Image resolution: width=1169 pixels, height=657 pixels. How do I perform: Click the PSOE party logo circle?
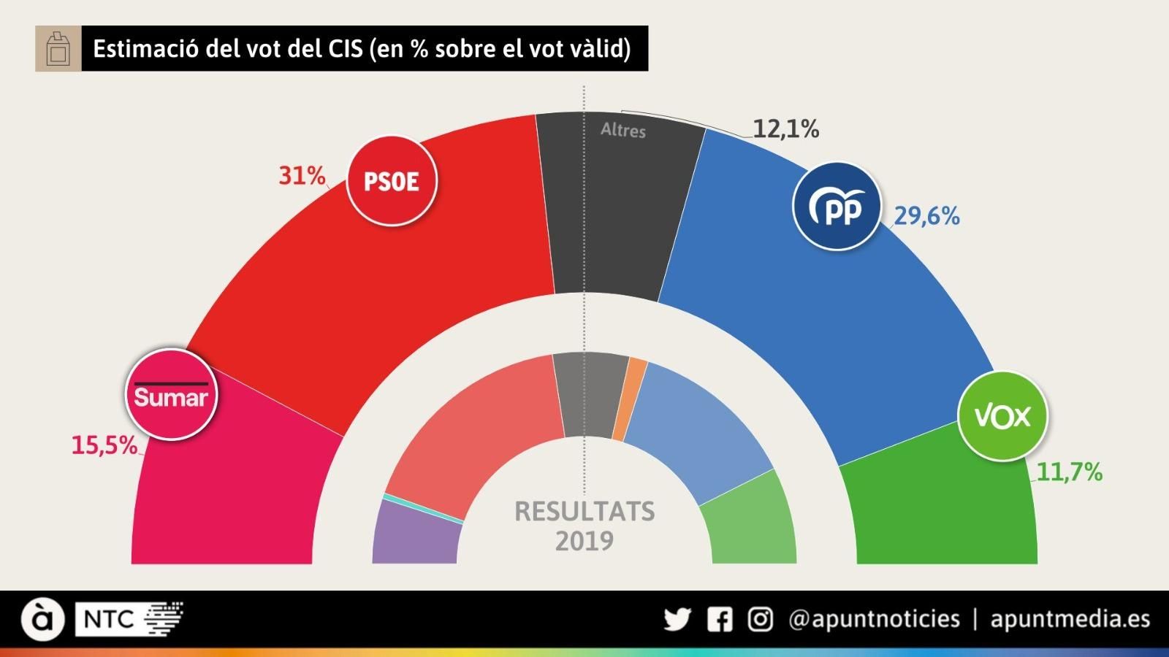(x=392, y=180)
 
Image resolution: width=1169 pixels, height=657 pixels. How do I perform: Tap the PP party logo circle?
(x=837, y=207)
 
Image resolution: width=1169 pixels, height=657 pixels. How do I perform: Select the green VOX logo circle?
(x=1002, y=416)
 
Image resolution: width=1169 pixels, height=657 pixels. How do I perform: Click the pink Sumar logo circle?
(x=172, y=394)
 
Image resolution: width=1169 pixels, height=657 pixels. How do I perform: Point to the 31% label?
(x=302, y=175)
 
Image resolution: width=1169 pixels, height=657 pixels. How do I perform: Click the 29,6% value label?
(x=926, y=216)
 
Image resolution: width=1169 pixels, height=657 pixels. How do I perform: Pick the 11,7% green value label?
(x=1069, y=472)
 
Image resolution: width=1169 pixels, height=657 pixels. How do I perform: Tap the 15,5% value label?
(x=104, y=445)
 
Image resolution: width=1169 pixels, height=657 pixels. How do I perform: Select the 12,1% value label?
(x=785, y=129)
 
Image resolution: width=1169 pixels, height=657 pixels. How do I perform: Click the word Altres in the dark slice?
(x=623, y=131)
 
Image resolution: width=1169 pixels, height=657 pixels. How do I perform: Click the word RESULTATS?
(x=584, y=511)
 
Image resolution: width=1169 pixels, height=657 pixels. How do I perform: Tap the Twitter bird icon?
(x=677, y=620)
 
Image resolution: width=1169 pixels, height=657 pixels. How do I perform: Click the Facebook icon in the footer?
(x=720, y=620)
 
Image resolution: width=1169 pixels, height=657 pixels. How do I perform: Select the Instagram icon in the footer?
(x=761, y=620)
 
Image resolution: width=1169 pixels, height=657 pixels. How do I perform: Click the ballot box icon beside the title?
(x=58, y=49)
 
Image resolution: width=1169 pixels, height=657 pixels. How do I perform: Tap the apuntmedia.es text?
(x=1070, y=619)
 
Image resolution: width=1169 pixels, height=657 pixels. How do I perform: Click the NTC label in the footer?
(x=109, y=620)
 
